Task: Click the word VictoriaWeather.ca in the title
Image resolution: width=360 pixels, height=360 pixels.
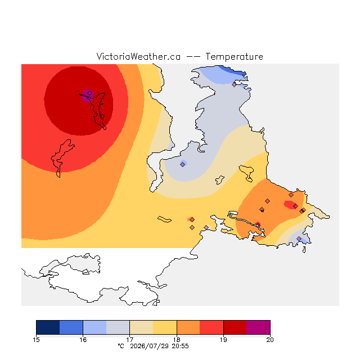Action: (x=138, y=56)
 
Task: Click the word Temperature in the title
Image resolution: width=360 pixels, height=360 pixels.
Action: (x=234, y=56)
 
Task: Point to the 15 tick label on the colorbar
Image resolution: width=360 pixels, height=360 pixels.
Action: (x=36, y=340)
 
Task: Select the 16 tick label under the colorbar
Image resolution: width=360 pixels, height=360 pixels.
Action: (x=83, y=340)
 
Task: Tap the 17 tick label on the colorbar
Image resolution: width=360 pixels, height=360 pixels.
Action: (x=130, y=340)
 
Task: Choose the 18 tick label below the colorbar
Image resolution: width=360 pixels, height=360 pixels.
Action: (x=177, y=340)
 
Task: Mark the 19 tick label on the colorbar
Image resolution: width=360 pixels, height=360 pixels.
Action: (x=223, y=340)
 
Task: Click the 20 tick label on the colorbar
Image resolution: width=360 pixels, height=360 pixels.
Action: (x=270, y=340)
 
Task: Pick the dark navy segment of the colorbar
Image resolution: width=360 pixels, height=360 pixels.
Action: (x=48, y=327)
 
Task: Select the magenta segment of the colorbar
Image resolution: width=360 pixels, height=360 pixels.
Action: (x=258, y=327)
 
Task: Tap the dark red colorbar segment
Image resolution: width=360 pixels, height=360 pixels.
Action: (x=235, y=327)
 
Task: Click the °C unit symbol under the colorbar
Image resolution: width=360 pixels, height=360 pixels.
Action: (x=121, y=346)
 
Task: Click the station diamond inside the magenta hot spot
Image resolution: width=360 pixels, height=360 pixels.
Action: (x=90, y=93)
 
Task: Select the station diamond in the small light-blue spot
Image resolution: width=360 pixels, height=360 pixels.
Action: (x=182, y=164)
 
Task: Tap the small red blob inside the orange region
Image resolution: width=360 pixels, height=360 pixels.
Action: (x=290, y=205)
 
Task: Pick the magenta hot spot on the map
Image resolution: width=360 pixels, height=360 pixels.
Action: (x=88, y=96)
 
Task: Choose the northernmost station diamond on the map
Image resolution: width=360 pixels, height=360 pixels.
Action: (x=234, y=84)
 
